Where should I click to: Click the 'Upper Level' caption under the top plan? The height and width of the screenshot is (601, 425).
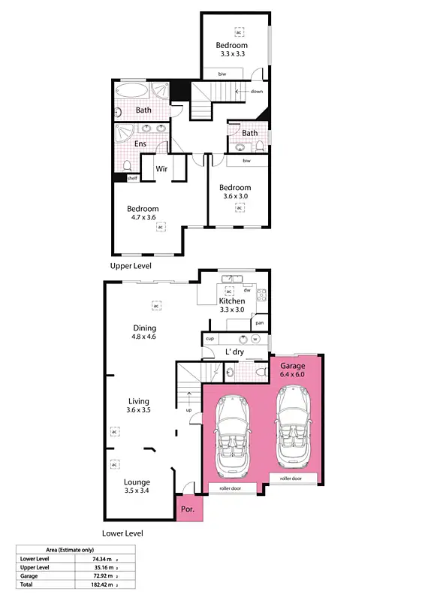coord(131,266)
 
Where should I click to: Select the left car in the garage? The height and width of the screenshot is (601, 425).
coord(235,436)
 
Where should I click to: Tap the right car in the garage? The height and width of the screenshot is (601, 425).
coord(292,426)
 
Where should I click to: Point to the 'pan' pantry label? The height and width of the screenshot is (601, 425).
coord(259,323)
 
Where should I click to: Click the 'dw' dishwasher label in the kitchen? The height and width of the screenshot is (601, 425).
coord(246,290)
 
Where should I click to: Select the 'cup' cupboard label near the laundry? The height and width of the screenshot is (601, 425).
coord(209,340)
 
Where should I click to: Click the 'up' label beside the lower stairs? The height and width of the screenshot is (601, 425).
coord(188,410)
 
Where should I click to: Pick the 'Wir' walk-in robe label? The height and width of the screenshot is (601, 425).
coord(161,169)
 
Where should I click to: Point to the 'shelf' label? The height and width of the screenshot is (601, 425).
coord(132,178)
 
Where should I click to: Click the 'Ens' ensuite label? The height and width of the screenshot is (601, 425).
coord(140,143)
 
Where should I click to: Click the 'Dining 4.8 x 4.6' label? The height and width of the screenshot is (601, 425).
coord(144,332)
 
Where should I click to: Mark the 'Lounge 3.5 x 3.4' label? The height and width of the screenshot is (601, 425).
coord(137,486)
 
